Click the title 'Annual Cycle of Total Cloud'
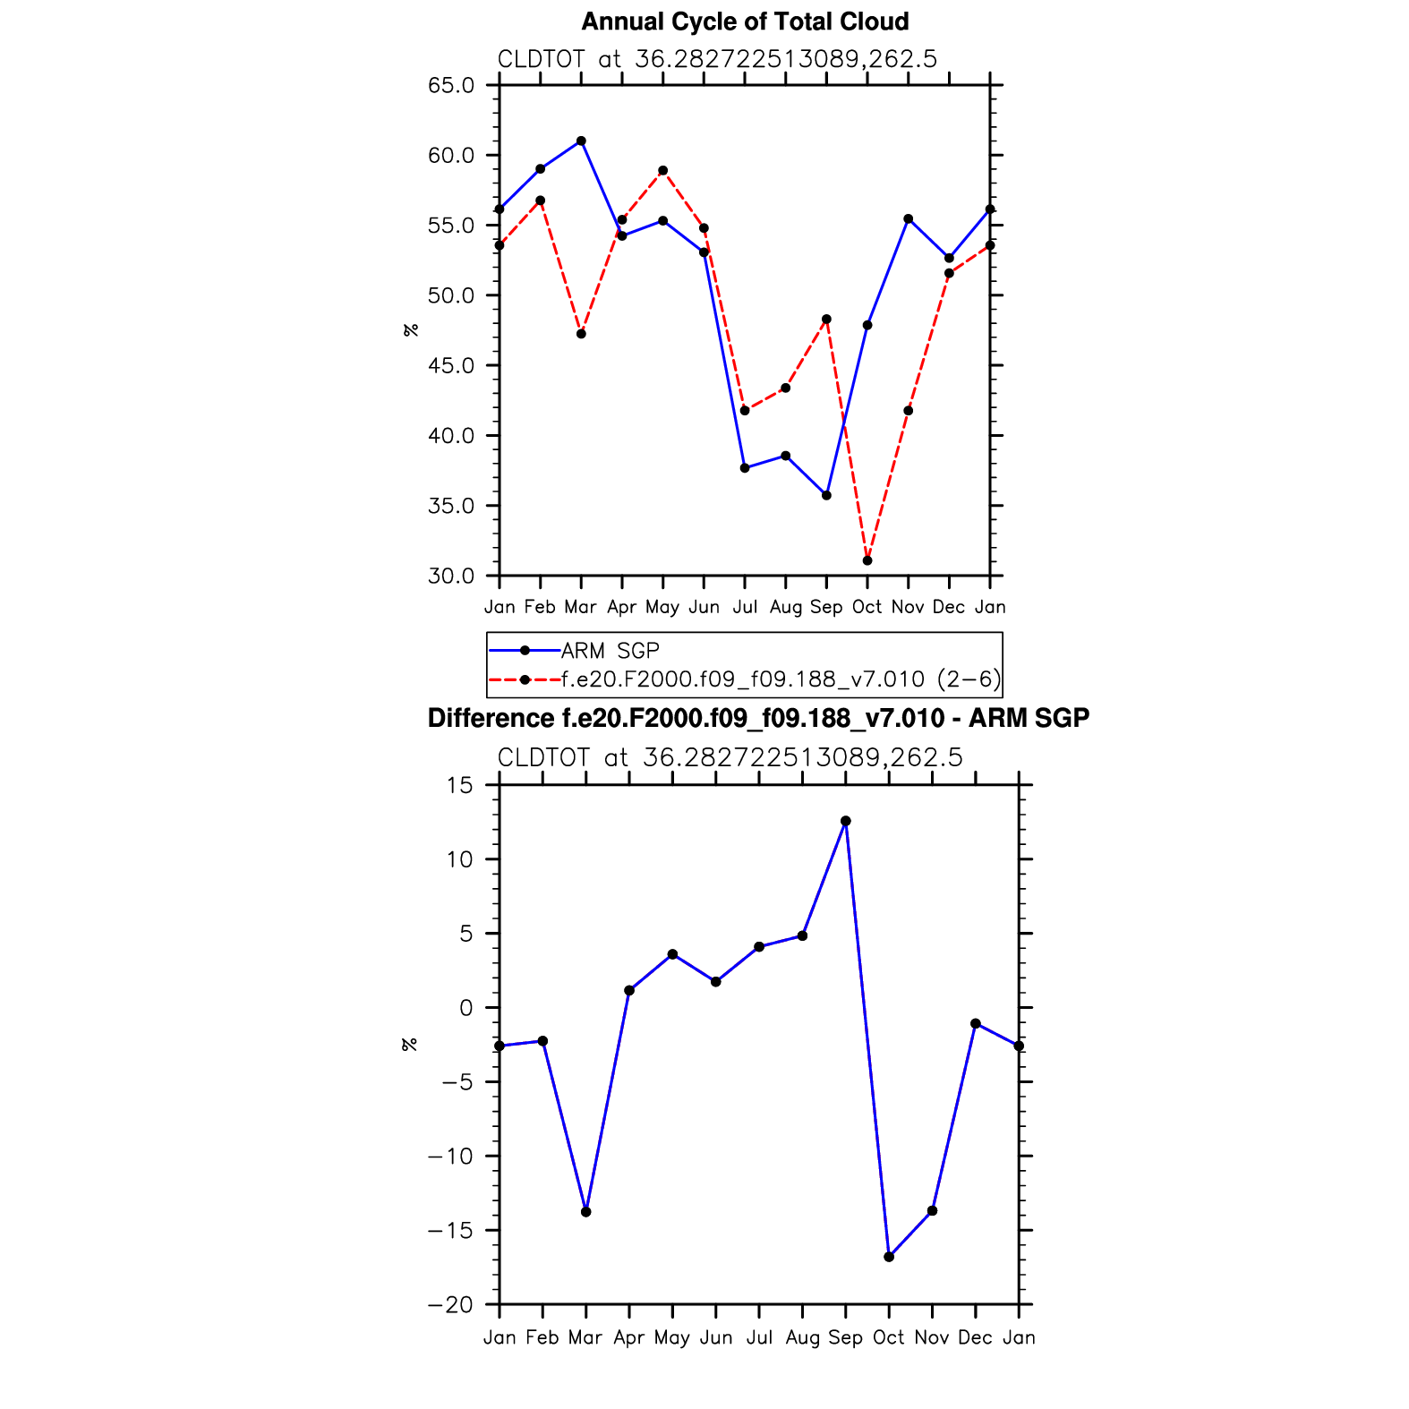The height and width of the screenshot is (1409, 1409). point(745,21)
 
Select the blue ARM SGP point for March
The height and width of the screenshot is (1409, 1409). point(581,141)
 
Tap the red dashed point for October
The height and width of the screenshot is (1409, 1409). point(867,560)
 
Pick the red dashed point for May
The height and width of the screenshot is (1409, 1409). point(662,170)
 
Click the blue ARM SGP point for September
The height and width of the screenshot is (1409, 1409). point(826,495)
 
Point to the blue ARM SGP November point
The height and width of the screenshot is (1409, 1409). point(909,218)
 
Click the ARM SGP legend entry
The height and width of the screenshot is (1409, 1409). point(610,651)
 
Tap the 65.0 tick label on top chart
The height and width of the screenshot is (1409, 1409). point(451,85)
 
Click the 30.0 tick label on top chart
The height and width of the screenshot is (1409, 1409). point(451,576)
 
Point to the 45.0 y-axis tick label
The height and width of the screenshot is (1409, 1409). point(451,365)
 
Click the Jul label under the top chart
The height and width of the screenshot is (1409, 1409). point(745,607)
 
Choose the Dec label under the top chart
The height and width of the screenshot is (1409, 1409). point(949,607)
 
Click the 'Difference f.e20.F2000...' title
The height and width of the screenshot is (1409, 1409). point(758,718)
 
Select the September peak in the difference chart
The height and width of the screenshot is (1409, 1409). point(846,821)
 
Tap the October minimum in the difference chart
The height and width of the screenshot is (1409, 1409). point(889,1257)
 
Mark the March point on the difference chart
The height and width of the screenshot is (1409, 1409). point(586,1212)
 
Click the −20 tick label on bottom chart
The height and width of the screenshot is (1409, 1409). point(450,1305)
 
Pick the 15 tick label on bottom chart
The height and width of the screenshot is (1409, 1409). point(460,785)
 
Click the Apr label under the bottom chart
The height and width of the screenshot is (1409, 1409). point(629,1337)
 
